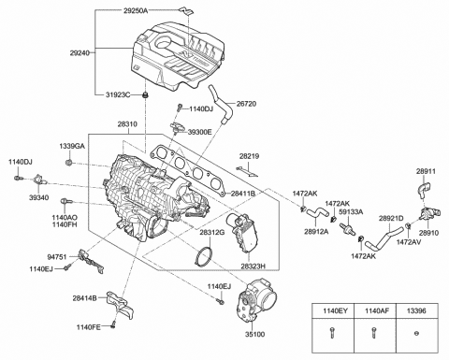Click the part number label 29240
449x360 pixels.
[x=80, y=53]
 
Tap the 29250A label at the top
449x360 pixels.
[x=136, y=11]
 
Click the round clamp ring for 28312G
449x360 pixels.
[x=204, y=256]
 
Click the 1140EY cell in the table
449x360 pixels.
[x=335, y=310]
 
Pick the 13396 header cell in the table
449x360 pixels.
[x=416, y=310]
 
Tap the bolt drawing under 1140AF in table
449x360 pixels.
[x=373, y=334]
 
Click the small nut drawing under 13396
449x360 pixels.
[x=416, y=334]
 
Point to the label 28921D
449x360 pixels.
[x=391, y=218]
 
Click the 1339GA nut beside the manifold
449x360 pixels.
[x=69, y=163]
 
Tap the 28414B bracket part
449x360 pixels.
[x=120, y=307]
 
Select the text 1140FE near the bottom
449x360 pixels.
[x=89, y=327]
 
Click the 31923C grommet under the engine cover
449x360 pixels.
[x=145, y=94]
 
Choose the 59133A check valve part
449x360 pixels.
[x=348, y=229]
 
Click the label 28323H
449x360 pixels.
[x=253, y=266]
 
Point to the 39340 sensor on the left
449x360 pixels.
[x=39, y=180]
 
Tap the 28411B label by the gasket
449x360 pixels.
[x=243, y=194]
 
